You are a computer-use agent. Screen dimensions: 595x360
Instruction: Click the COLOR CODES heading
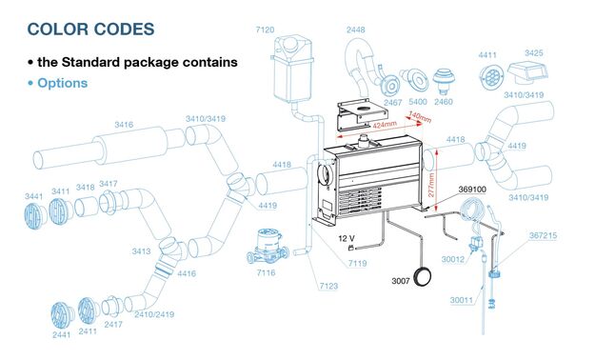click(x=91, y=30)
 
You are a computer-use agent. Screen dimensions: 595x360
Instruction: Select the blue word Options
click(x=62, y=83)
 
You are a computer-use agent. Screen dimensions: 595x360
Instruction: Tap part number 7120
click(x=265, y=30)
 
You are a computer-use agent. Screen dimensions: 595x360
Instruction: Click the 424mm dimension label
click(x=385, y=126)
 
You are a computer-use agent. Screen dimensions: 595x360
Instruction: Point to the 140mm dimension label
click(x=420, y=117)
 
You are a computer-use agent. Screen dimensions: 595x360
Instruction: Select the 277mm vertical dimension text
click(x=431, y=185)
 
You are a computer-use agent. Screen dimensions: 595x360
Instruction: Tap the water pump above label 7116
click(x=268, y=246)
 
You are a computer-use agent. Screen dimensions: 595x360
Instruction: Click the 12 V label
click(x=347, y=238)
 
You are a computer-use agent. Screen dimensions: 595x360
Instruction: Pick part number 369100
click(x=472, y=190)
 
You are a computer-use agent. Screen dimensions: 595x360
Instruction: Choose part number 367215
click(x=543, y=235)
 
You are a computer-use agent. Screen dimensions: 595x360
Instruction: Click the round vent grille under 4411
click(x=491, y=77)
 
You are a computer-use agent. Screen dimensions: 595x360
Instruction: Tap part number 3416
click(x=124, y=125)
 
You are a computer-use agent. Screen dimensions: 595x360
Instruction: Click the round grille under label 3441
click(x=35, y=215)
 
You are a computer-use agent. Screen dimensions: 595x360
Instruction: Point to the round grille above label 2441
click(x=62, y=315)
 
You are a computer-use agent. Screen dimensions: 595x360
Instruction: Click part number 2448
click(x=355, y=30)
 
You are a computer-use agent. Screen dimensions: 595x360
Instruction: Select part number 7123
click(x=328, y=286)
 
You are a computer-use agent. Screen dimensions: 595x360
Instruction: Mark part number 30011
click(x=462, y=300)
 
